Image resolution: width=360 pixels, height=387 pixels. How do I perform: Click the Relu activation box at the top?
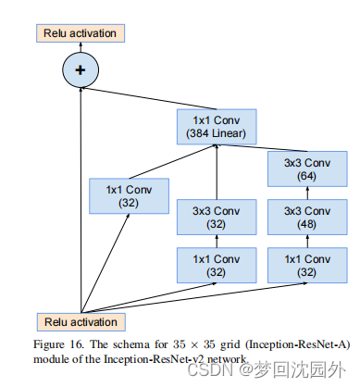pos(81,34)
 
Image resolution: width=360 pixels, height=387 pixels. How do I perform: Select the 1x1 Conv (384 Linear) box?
pos(217,127)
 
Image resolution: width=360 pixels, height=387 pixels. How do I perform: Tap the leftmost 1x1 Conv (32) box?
pos(128,196)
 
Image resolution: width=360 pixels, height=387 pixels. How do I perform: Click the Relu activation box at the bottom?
pos(81,321)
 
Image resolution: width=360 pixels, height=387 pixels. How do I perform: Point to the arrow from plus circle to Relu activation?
pos(81,48)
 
